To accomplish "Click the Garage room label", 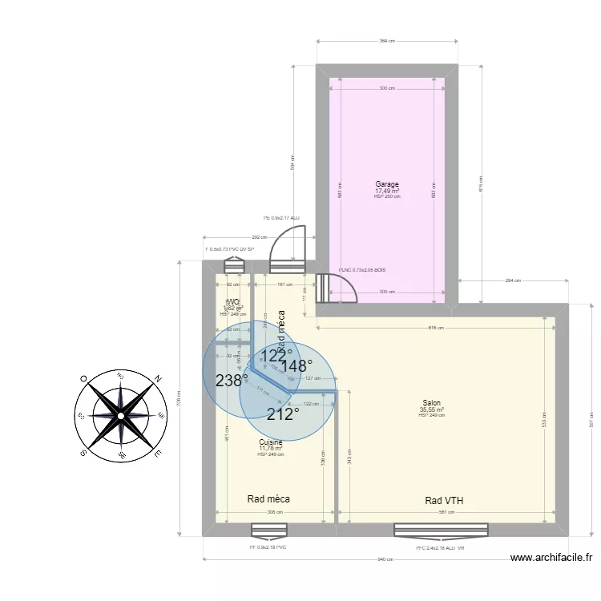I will click(x=387, y=184).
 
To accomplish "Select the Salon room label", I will click(x=431, y=404).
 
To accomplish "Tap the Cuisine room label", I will click(x=270, y=442).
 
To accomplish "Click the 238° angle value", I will click(x=231, y=381).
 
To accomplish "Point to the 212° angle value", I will click(x=283, y=413).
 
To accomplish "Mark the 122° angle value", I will click(x=275, y=355).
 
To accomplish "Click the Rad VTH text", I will click(x=444, y=501).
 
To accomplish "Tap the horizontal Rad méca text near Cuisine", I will click(x=268, y=498).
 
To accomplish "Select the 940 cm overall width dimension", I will click(x=387, y=559).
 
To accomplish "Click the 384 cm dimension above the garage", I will click(x=387, y=41).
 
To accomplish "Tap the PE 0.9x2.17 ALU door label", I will click(x=281, y=218).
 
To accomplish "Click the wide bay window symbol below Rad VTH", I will click(x=441, y=530).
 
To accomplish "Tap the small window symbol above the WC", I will click(x=234, y=265).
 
